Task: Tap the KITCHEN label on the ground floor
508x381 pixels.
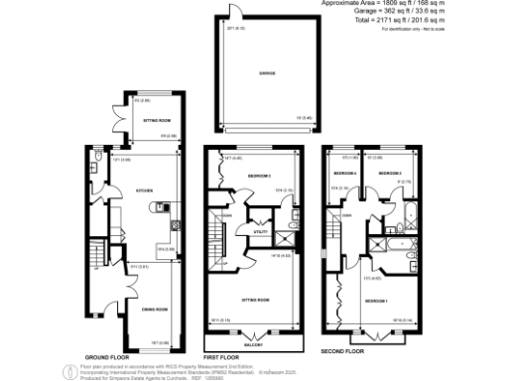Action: click(x=142, y=189)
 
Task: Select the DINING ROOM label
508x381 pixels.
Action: click(x=155, y=310)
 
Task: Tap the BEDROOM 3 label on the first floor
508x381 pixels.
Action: click(x=260, y=175)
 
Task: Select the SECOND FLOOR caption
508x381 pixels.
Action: click(x=343, y=351)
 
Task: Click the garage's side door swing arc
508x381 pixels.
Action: click(x=233, y=11)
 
